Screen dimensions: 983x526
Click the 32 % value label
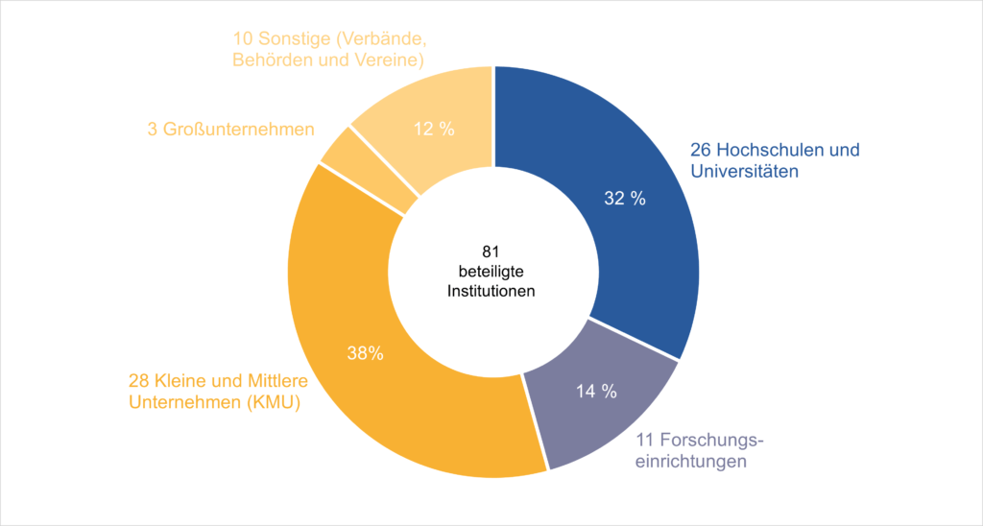pos(625,198)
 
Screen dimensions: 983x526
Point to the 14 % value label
pos(596,392)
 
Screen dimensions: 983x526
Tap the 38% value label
pos(366,353)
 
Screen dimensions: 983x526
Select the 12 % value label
pos(434,130)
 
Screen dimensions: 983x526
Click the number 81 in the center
pos(491,252)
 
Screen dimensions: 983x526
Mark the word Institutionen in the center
pos(491,292)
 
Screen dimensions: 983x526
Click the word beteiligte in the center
pos(491,272)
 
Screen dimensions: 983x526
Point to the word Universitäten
pos(745,171)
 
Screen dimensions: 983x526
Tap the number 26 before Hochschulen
pos(700,151)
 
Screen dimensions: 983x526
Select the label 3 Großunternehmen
pos(230,130)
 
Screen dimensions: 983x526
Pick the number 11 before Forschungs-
pos(645,441)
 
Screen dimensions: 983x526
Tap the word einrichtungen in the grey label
pos(691,462)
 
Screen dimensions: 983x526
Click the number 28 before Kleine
pos(138,381)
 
